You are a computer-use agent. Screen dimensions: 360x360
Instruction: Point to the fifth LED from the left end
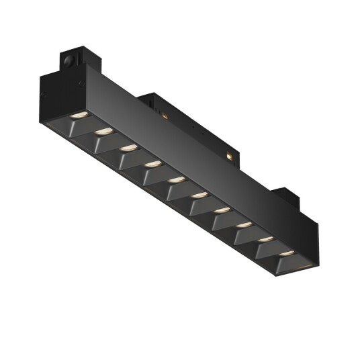click(x=176, y=179)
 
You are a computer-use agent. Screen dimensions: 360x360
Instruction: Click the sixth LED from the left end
click(x=199, y=195)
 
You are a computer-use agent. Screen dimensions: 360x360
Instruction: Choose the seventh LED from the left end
click(x=222, y=210)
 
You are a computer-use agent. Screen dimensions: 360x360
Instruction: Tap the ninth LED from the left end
click(x=265, y=238)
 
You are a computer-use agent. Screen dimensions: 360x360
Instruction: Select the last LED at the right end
click(x=287, y=253)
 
